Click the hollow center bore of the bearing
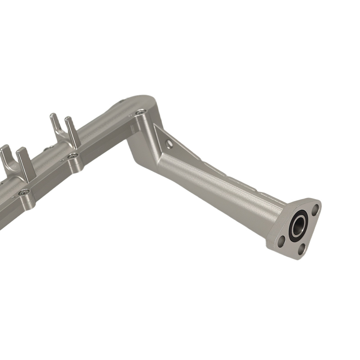click(x=298, y=226)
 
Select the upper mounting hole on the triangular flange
click(x=315, y=208)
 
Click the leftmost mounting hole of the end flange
click(x=282, y=240)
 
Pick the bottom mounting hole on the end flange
click(x=302, y=248)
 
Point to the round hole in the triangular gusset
click(x=169, y=144)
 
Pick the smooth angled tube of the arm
click(x=216, y=191)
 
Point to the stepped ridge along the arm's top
click(x=223, y=169)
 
